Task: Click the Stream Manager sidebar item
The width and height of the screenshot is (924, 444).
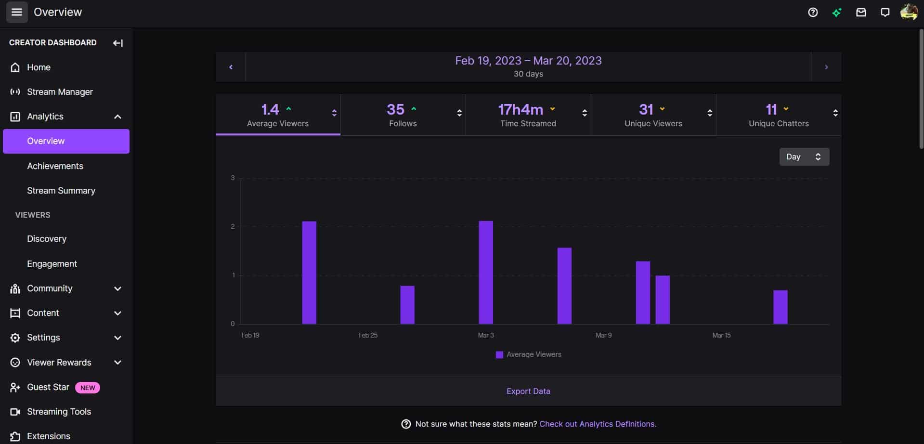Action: click(60, 92)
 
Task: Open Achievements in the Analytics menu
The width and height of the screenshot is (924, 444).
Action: click(55, 166)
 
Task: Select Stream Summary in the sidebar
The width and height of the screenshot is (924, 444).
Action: click(61, 191)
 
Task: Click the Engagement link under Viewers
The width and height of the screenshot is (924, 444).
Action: click(52, 264)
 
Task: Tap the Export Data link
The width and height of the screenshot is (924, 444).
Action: click(528, 392)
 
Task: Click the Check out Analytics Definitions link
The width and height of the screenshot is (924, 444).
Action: click(598, 424)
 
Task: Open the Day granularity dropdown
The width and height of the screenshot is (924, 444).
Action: click(804, 157)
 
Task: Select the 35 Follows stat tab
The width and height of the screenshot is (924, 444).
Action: click(403, 115)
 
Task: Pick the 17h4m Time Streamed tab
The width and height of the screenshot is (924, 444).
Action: click(528, 115)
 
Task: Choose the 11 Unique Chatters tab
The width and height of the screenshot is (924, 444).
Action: click(778, 115)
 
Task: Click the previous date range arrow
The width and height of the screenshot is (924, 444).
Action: click(231, 67)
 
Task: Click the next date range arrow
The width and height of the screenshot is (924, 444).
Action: click(826, 67)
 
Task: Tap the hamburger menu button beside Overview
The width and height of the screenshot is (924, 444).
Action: click(17, 12)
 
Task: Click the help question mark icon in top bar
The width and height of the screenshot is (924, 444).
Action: click(813, 13)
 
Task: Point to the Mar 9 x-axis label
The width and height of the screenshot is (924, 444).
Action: click(603, 335)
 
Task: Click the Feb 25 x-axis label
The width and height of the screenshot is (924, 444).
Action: click(368, 335)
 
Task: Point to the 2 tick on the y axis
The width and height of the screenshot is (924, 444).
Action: click(233, 227)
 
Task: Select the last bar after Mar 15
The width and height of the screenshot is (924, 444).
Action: click(780, 307)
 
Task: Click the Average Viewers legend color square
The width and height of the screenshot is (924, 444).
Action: click(499, 355)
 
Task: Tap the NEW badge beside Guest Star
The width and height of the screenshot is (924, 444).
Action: click(88, 388)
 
